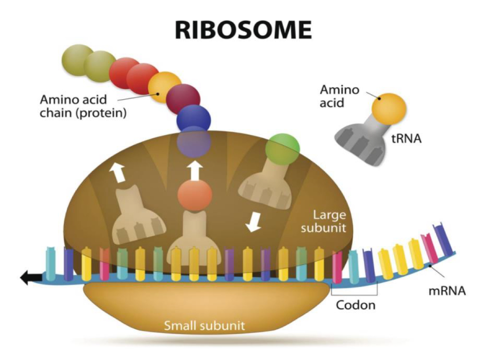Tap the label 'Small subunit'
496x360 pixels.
(x=204, y=326)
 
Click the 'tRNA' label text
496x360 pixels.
(x=405, y=139)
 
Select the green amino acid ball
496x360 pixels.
(x=282, y=146)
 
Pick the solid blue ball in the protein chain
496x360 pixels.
(x=193, y=117)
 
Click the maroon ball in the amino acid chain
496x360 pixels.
(x=183, y=97)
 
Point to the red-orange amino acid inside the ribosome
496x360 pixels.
(x=195, y=194)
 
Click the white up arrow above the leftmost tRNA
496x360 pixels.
(x=117, y=172)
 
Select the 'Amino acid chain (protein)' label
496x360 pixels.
(x=83, y=106)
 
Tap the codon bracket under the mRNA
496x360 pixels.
(x=354, y=294)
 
